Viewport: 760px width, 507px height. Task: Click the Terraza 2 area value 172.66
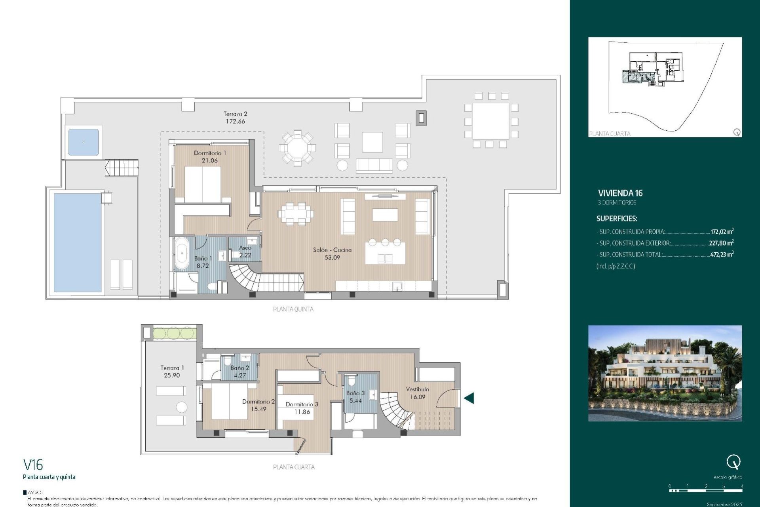pyautogui.click(x=235, y=122)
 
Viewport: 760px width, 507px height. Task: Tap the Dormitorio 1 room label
pyautogui.click(x=210, y=153)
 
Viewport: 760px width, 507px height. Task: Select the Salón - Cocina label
pyautogui.click(x=332, y=250)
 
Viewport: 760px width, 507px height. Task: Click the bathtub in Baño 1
pyautogui.click(x=182, y=253)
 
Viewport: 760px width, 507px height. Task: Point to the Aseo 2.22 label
pyautogui.click(x=245, y=252)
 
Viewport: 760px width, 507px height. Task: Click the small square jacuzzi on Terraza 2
pyautogui.click(x=84, y=142)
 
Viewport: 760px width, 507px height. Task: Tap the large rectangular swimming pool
pyautogui.click(x=78, y=242)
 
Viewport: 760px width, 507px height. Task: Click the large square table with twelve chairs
pyautogui.click(x=491, y=120)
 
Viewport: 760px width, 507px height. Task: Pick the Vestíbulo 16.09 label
pyautogui.click(x=418, y=393)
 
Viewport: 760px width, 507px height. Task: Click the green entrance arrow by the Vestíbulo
pyautogui.click(x=469, y=398)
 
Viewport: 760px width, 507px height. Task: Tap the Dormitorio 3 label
pyautogui.click(x=302, y=404)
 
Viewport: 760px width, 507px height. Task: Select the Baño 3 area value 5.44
pyautogui.click(x=355, y=401)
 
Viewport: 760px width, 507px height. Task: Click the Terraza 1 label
pyautogui.click(x=172, y=368)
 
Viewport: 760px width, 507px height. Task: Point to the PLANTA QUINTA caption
pyautogui.click(x=293, y=309)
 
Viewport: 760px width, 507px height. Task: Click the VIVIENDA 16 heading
pyautogui.click(x=620, y=193)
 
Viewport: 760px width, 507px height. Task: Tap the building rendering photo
pyautogui.click(x=665, y=373)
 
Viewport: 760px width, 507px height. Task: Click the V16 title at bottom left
pyautogui.click(x=33, y=465)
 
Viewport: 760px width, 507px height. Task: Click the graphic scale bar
pyautogui.click(x=706, y=490)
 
